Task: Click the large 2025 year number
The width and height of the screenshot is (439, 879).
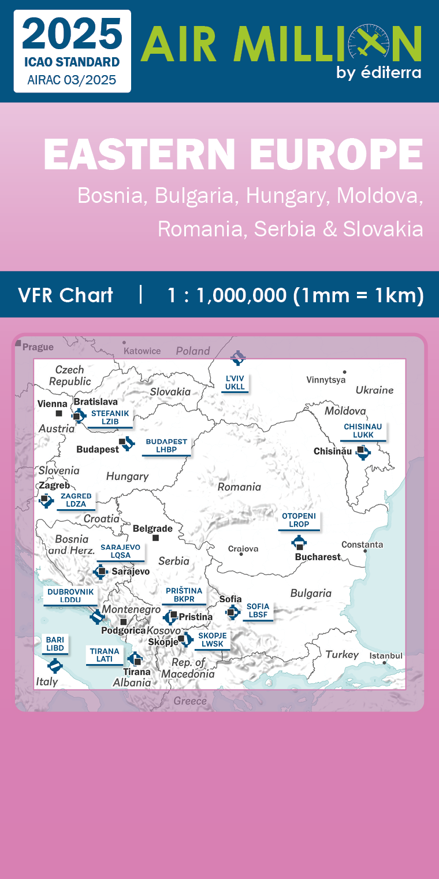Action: [x=73, y=35]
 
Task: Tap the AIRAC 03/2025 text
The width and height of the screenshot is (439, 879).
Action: [x=72, y=80]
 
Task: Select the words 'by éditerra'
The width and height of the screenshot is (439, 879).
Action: [x=378, y=73]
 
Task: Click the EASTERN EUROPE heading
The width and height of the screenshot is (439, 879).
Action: [x=233, y=154]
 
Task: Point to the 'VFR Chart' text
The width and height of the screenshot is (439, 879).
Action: [x=65, y=295]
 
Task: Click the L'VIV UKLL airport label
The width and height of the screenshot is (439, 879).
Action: [x=235, y=383]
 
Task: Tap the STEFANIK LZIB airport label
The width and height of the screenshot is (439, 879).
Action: [x=110, y=418]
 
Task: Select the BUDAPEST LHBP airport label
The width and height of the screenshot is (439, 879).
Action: [x=166, y=446]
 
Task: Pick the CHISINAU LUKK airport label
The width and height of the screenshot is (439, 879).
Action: [x=363, y=431]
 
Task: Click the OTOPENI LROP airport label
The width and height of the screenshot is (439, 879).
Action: [x=299, y=520]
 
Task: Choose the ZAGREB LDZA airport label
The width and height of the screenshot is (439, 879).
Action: [x=76, y=500]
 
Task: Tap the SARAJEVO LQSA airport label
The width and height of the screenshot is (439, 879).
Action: [x=120, y=551]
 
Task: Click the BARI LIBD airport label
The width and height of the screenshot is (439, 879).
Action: [x=55, y=644]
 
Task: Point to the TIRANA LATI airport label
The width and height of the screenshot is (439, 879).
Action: [x=105, y=655]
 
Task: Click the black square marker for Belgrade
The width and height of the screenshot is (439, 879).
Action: [x=155, y=538]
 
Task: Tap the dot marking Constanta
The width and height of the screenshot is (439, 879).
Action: [x=365, y=551]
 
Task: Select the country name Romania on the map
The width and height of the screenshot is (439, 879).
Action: [x=239, y=487]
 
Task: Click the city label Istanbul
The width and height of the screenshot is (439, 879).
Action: [x=386, y=655]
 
